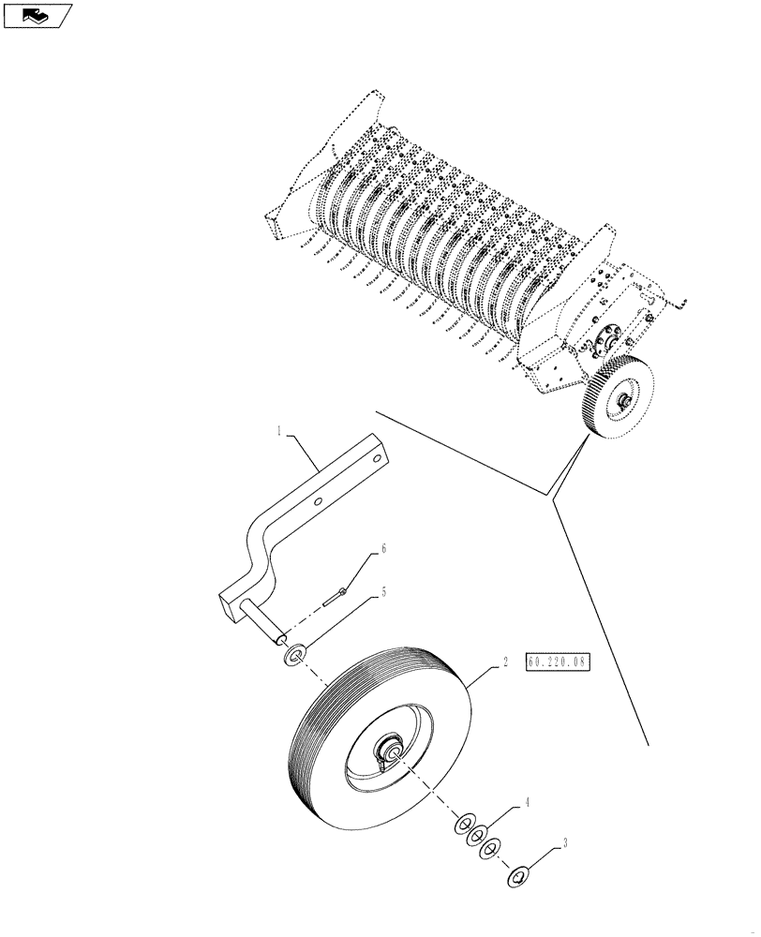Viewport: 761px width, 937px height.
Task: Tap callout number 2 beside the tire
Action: [x=505, y=662]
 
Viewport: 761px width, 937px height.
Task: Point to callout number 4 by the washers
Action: [x=528, y=803]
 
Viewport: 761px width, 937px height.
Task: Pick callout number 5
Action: [x=382, y=593]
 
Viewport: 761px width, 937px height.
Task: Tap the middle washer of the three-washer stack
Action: [x=475, y=837]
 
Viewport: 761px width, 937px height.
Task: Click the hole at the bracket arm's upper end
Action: [x=377, y=459]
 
